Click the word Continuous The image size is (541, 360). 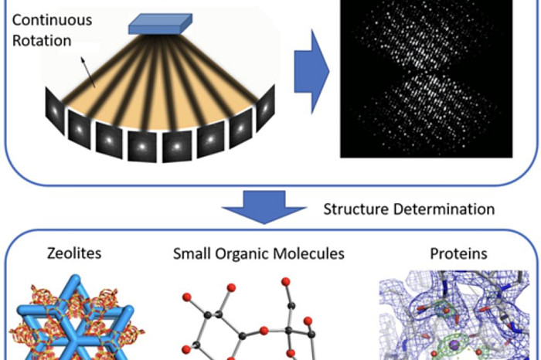pyautogui.click(x=52, y=20)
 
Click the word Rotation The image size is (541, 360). pyautogui.click(x=42, y=41)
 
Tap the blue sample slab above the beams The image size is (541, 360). pyautogui.click(x=161, y=23)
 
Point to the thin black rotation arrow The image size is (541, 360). pyautogui.click(x=87, y=72)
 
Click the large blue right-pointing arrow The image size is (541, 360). pyautogui.click(x=311, y=72)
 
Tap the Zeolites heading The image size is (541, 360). pyautogui.click(x=74, y=253)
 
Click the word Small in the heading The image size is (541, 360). pyautogui.click(x=192, y=254)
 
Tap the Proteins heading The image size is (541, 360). pyautogui.click(x=458, y=254)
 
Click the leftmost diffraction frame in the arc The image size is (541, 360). pyautogui.click(x=55, y=111)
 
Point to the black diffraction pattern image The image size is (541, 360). pyautogui.click(x=427, y=79)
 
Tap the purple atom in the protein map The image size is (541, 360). pyautogui.click(x=454, y=344)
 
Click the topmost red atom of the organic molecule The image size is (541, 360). pyautogui.click(x=286, y=282)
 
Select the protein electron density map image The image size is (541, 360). pyautogui.click(x=454, y=315)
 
